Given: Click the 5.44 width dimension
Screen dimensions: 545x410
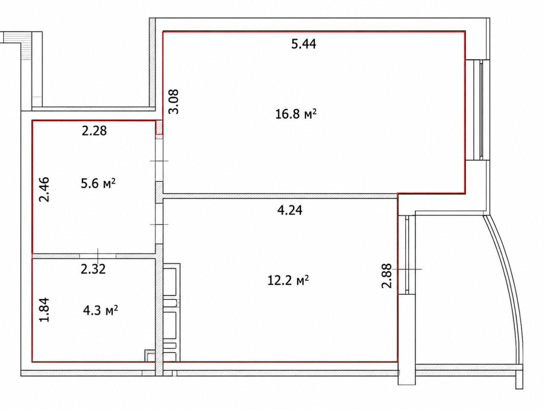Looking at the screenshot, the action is coord(304,44).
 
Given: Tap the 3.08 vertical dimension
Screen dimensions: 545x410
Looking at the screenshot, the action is coord(174,102).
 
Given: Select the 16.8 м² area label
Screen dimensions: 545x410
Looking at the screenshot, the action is coord(296,114).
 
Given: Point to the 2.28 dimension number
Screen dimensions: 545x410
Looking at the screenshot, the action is coord(94,131).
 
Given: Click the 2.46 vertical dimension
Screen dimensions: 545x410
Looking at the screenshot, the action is coord(45,189).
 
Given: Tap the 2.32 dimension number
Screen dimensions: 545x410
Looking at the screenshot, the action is coord(93,269).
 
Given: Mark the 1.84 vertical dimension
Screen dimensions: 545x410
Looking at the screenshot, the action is coord(45,310).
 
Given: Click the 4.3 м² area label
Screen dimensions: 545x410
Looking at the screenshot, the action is coord(100,310).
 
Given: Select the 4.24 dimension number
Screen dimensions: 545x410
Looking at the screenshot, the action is coord(290,210).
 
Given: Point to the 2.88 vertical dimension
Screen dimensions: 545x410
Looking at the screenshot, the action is coord(387,276).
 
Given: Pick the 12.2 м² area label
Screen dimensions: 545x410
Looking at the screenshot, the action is coord(288,281).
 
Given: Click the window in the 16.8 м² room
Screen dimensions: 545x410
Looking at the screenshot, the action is coord(478,110).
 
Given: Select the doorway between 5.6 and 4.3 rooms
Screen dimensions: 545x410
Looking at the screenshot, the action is coord(98,256).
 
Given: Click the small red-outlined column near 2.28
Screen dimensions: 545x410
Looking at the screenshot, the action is coord(159,128).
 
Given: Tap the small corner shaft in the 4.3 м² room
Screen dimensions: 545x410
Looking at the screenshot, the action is coord(150,356).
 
